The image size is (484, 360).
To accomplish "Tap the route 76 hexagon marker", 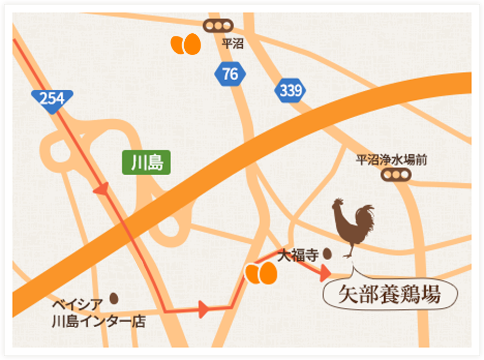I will coord(230,74).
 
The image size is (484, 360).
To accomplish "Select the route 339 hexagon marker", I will coord(290,91).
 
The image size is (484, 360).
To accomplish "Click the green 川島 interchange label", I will coord(146,163).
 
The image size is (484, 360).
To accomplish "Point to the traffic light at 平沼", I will coord(218,25).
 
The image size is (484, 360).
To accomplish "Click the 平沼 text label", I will coord(232,44).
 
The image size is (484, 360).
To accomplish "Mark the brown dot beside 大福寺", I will coord(327,254).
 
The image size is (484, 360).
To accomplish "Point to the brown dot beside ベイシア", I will coord(113,298).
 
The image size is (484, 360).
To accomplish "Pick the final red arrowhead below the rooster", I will coord(324,273).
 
